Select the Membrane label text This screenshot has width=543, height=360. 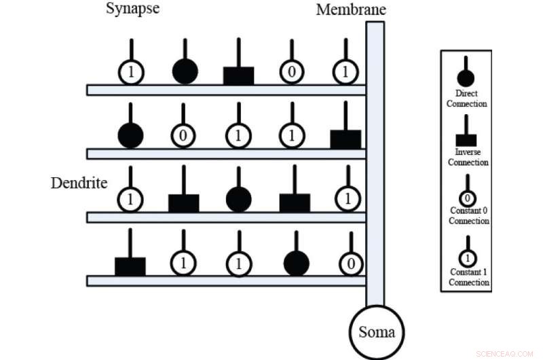pos(351,10)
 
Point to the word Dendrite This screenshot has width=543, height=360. pos(79,183)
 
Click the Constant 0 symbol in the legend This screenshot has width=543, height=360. pos(468,198)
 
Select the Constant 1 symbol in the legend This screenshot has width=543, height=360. pos(468,257)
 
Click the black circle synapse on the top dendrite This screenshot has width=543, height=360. pos(185,71)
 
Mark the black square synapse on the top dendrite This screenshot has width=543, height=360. pos(238,75)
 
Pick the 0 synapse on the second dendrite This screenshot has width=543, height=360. pos(183,136)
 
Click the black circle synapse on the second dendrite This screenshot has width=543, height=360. pos(130,135)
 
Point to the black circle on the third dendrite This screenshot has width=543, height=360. pos(238,199)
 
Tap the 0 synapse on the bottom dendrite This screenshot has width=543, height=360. pos(350,264)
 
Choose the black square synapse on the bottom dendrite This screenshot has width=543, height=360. pos(130,266)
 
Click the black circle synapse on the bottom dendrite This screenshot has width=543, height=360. pos(296,263)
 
